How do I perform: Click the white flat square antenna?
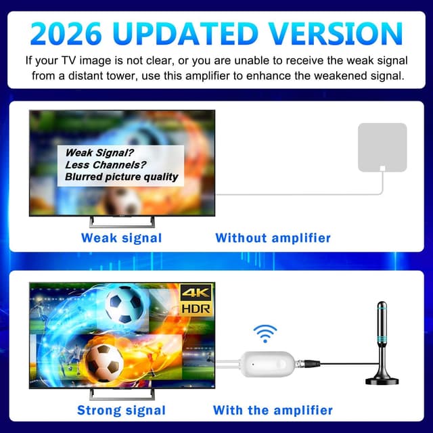coord(382,147)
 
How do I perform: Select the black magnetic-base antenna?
coord(382,338)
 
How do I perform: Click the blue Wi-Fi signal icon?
coord(265,333)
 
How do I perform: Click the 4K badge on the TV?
coord(196,292)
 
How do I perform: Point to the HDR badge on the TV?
coord(196,308)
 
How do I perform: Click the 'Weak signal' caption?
coord(121,237)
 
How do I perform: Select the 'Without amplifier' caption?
coord(273,237)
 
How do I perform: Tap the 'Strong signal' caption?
coord(121,410)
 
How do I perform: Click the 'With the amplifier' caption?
coord(273,410)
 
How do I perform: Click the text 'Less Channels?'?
coord(106,164)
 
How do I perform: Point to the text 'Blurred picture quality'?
coord(122,177)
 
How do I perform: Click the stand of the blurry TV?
coord(122,221)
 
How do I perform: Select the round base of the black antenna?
coord(382,380)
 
